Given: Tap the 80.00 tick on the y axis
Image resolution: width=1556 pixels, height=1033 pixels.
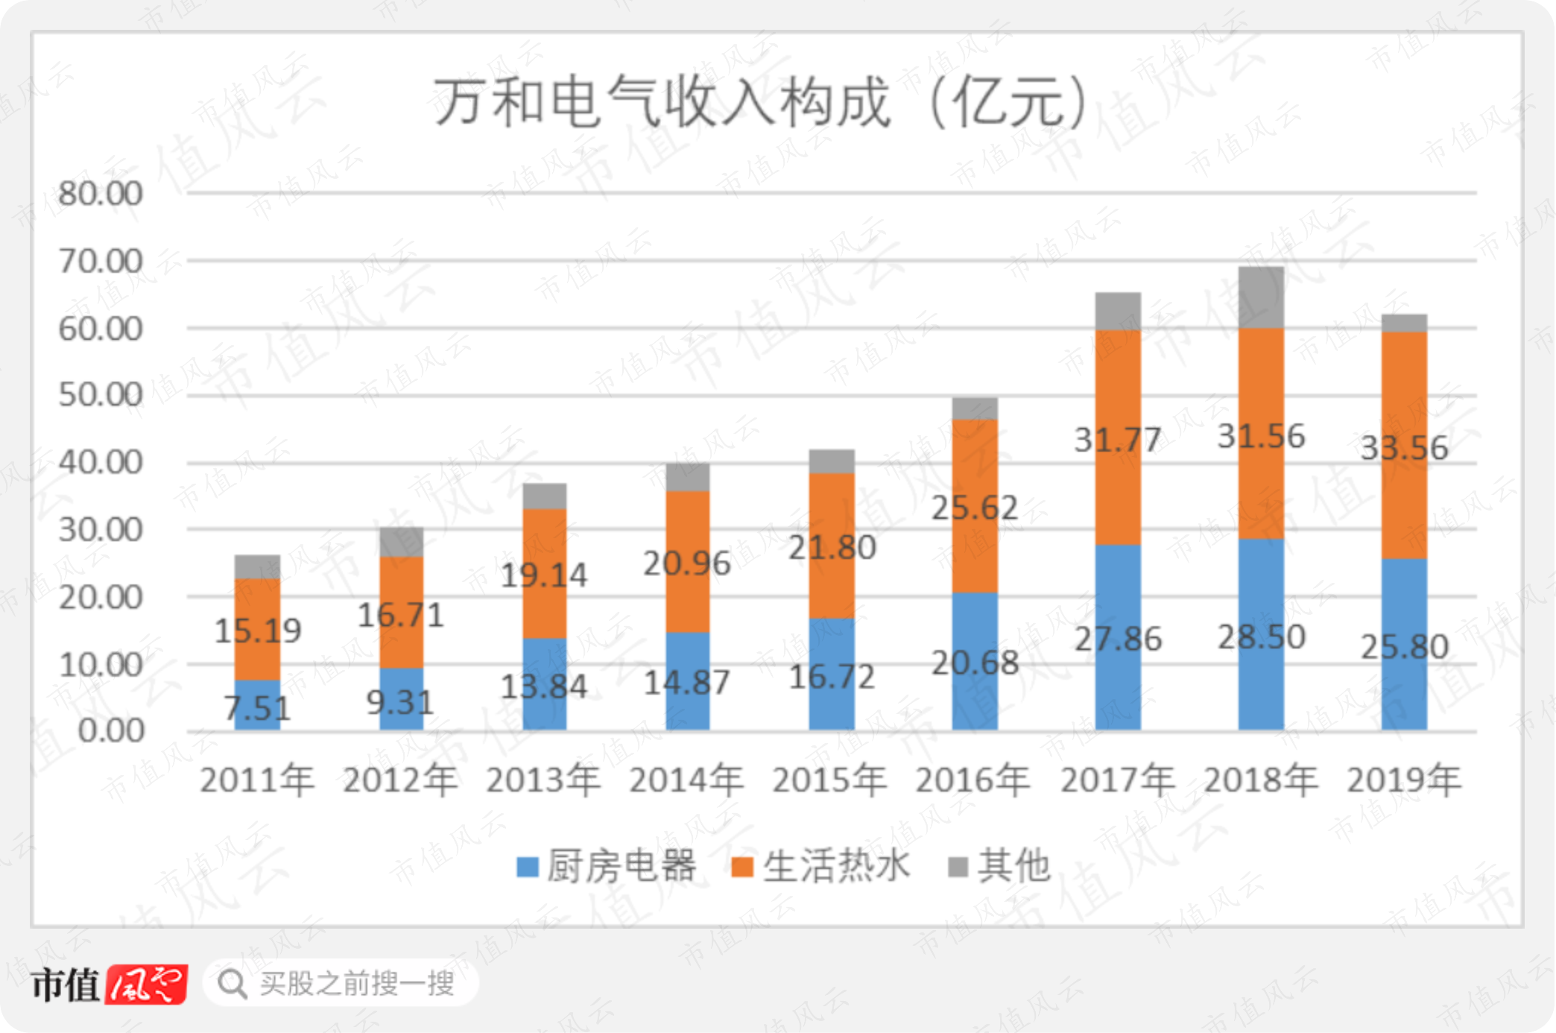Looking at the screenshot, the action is [100, 194].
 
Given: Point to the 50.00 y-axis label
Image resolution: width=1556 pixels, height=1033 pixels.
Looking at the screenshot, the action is [100, 395].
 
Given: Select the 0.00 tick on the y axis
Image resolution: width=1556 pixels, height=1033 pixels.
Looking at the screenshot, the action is [110, 731].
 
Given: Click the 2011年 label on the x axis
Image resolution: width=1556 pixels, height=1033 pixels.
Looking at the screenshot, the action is [257, 780].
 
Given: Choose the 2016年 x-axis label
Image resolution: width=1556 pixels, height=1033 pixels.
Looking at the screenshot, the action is [973, 780].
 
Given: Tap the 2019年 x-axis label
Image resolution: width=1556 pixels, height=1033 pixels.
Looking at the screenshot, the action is [1404, 780].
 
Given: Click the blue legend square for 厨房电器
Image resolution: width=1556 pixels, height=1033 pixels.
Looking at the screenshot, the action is [528, 867].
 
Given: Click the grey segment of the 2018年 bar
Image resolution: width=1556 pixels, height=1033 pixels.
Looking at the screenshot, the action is [1261, 297].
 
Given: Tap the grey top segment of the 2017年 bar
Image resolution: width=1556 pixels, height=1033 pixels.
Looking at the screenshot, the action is [1118, 312].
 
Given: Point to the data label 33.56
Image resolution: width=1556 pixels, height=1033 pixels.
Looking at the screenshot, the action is [1404, 448].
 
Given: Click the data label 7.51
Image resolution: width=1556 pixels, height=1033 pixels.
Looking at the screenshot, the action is [257, 708].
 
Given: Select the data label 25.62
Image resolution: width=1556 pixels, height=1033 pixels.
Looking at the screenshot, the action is [975, 508].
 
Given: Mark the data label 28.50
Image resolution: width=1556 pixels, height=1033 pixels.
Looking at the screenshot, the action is [1261, 637].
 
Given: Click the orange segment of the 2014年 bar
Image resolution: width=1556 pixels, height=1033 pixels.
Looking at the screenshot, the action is [687, 562].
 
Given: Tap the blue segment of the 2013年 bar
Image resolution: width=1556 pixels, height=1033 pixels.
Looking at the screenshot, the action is [544, 684].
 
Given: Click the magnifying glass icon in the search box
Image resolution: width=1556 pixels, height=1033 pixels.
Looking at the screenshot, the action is [233, 984].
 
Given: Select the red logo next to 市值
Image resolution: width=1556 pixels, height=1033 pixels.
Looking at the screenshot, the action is [146, 985].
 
